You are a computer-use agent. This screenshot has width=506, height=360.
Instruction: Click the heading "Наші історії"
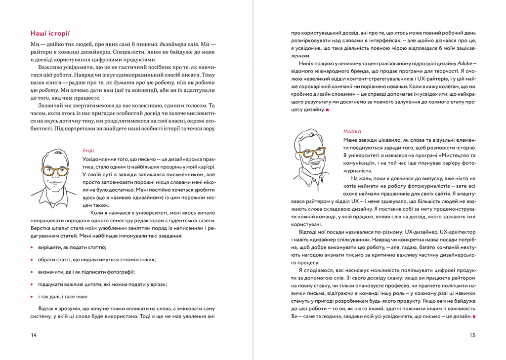click(x=50, y=34)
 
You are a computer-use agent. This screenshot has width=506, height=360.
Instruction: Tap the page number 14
click(x=34, y=336)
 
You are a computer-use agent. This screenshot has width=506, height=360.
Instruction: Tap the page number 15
click(x=472, y=336)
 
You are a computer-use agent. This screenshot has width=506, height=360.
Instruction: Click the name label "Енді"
click(x=88, y=150)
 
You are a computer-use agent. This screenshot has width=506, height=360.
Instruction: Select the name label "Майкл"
click(x=352, y=131)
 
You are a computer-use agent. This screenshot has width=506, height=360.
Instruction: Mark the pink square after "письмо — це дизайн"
click(x=474, y=316)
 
